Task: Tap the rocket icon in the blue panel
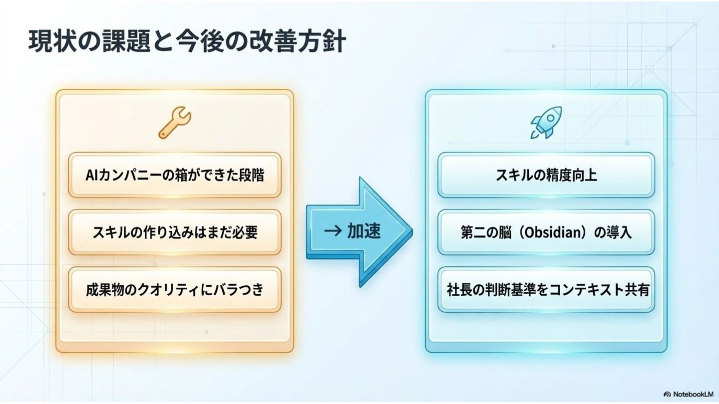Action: (546, 122)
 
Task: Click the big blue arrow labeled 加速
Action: (359, 231)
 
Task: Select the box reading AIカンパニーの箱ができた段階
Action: (174, 175)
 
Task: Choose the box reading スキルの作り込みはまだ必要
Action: (174, 232)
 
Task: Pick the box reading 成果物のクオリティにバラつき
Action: (174, 289)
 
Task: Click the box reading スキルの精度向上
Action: (546, 175)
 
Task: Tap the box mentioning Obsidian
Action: (546, 232)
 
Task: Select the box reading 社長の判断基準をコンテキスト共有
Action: (546, 290)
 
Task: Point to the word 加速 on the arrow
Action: (363, 231)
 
